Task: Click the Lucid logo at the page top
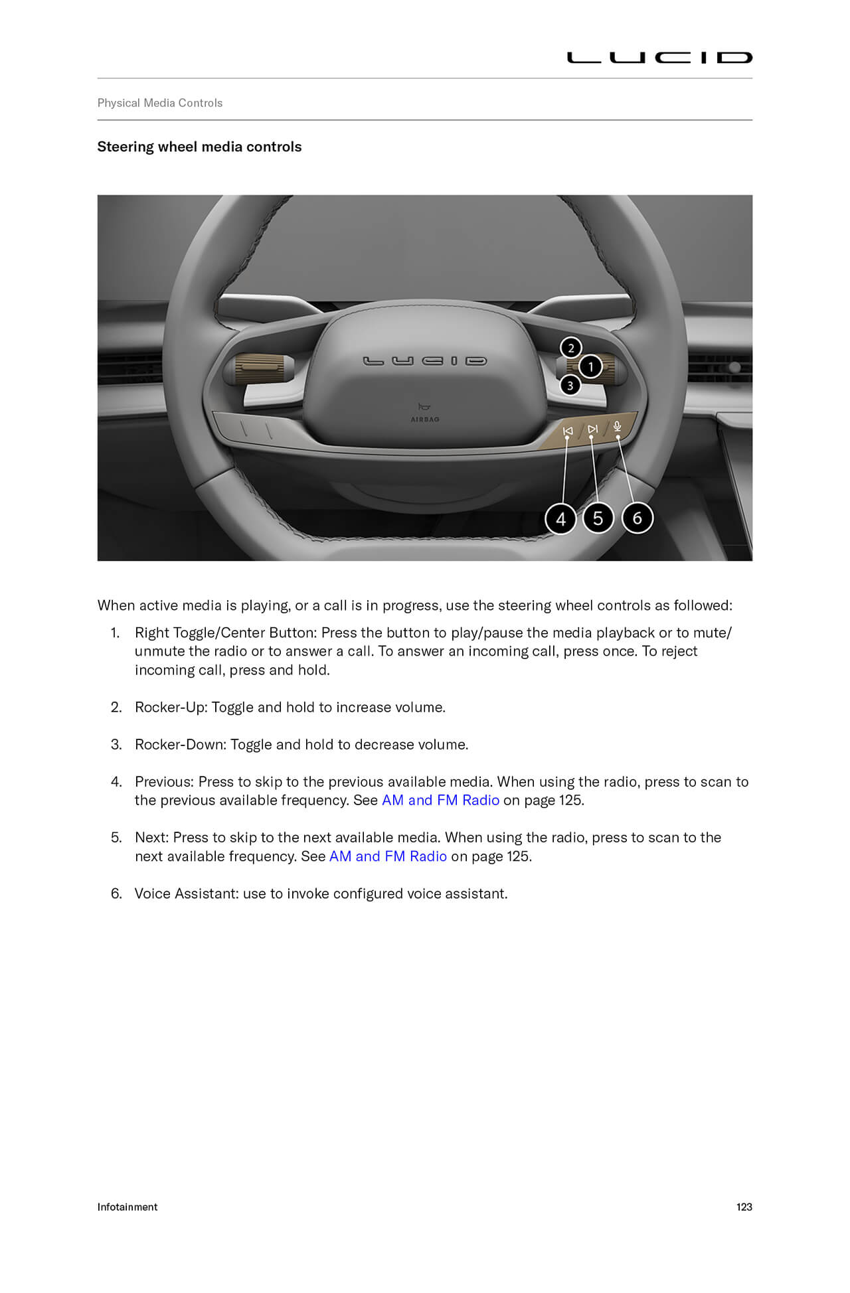click(659, 58)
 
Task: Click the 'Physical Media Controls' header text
click(159, 103)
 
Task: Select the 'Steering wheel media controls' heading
click(199, 147)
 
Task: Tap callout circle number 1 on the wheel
click(590, 366)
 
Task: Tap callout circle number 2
click(571, 348)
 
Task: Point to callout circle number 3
click(570, 385)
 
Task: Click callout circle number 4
click(560, 518)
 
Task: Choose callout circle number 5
click(598, 518)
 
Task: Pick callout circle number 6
click(637, 518)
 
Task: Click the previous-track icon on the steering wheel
click(567, 431)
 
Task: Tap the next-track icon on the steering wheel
click(592, 429)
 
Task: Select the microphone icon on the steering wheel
click(618, 426)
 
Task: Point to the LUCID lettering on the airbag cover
click(425, 361)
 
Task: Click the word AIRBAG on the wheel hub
click(425, 419)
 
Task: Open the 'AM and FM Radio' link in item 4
click(440, 800)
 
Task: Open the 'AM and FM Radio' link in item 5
click(388, 856)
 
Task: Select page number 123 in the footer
click(744, 1207)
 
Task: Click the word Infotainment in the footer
click(127, 1207)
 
